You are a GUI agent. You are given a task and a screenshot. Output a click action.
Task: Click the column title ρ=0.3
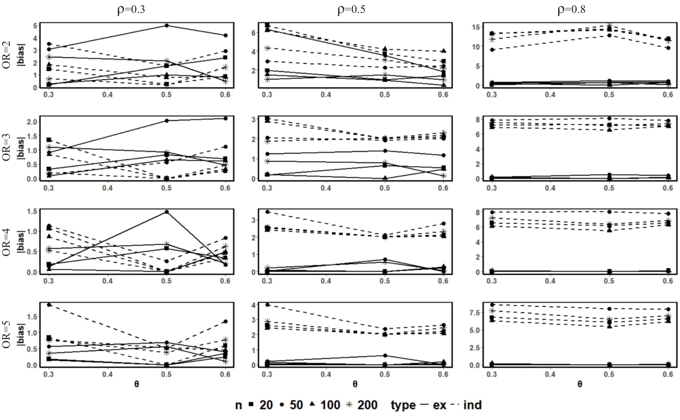pyautogui.click(x=131, y=9)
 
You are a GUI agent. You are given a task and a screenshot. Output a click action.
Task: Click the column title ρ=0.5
pyautogui.click(x=351, y=9)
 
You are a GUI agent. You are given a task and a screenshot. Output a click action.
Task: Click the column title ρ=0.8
pyautogui.click(x=571, y=9)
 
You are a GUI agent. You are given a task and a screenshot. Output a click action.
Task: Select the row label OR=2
pyautogui.click(x=7, y=55)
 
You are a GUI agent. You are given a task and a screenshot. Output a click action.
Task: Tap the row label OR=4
pyautogui.click(x=7, y=242)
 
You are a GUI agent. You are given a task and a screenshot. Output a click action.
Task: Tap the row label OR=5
pyautogui.click(x=7, y=334)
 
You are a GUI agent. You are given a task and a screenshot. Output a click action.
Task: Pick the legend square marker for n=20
pyautogui.click(x=251, y=404)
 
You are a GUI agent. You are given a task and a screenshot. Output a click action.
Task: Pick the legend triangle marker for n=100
pyautogui.click(x=312, y=404)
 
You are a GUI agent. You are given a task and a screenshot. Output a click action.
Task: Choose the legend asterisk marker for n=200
pyautogui.click(x=349, y=404)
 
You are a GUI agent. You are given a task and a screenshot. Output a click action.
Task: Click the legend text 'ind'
pyautogui.click(x=472, y=405)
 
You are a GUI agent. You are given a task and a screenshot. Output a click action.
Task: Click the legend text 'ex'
pyautogui.click(x=439, y=405)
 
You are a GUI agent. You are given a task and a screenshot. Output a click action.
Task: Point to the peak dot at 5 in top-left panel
pyautogui.click(x=167, y=26)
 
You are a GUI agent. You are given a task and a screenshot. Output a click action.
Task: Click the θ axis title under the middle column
pyautogui.click(x=355, y=384)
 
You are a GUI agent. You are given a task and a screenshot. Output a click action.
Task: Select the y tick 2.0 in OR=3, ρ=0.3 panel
pyautogui.click(x=32, y=121)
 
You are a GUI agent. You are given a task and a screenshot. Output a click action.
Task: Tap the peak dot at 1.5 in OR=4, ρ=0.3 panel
pyautogui.click(x=167, y=212)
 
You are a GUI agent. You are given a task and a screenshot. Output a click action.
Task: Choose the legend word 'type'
pyautogui.click(x=403, y=405)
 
